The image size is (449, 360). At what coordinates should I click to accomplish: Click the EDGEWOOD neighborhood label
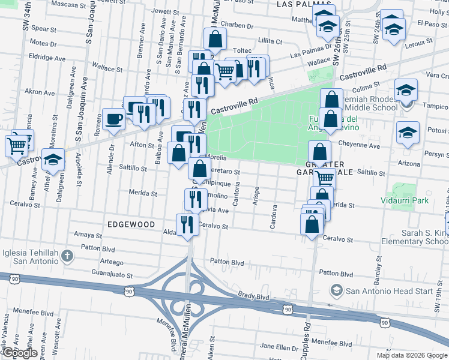(x=130, y=223)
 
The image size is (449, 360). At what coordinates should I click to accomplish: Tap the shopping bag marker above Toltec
(x=215, y=40)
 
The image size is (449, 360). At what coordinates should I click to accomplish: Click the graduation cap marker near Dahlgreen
(x=53, y=160)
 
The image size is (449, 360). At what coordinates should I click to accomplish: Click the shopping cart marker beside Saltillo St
(x=325, y=177)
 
